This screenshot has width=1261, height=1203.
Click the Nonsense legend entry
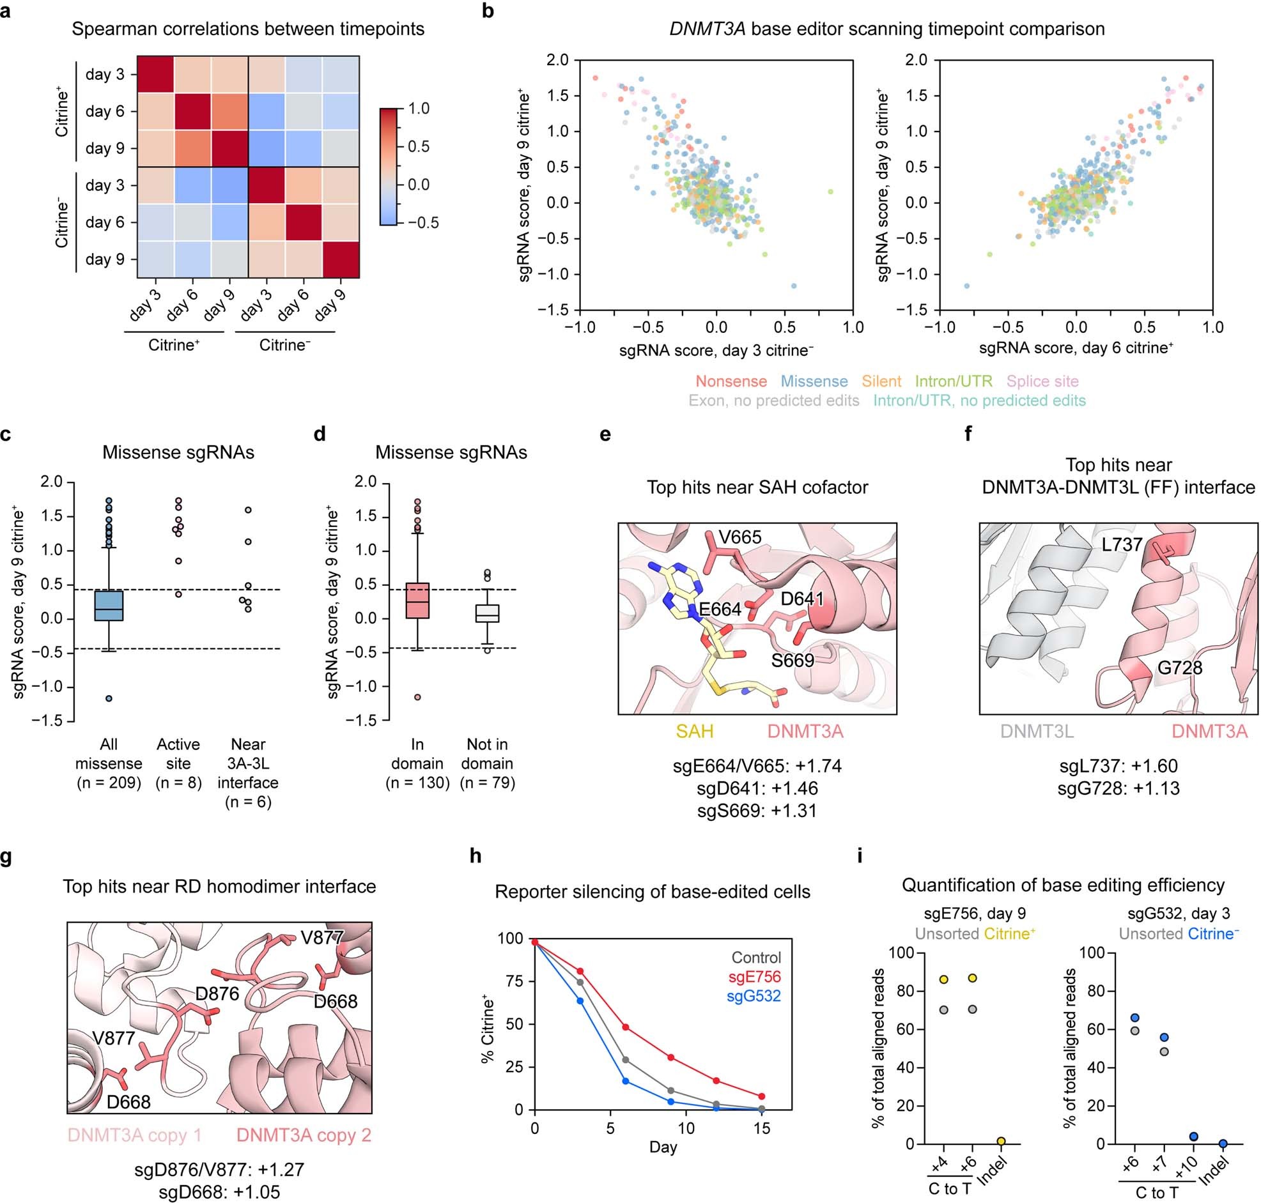point(731,381)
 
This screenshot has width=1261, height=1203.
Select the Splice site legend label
point(1042,381)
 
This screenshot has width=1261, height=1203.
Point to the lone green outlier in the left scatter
point(830,192)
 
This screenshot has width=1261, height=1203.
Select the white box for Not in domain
point(488,613)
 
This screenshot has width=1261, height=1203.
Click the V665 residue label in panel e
point(739,537)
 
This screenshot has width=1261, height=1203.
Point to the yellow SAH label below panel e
point(695,731)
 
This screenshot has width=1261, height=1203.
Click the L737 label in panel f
point(1122,544)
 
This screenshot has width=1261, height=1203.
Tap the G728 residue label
point(1180,668)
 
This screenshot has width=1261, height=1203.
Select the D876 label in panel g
point(217,993)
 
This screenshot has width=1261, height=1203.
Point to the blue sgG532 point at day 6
point(626,1081)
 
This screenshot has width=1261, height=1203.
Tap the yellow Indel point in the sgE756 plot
point(1001,1142)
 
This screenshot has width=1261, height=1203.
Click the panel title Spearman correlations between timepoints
point(247,29)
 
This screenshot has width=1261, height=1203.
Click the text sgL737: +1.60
point(1118,765)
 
